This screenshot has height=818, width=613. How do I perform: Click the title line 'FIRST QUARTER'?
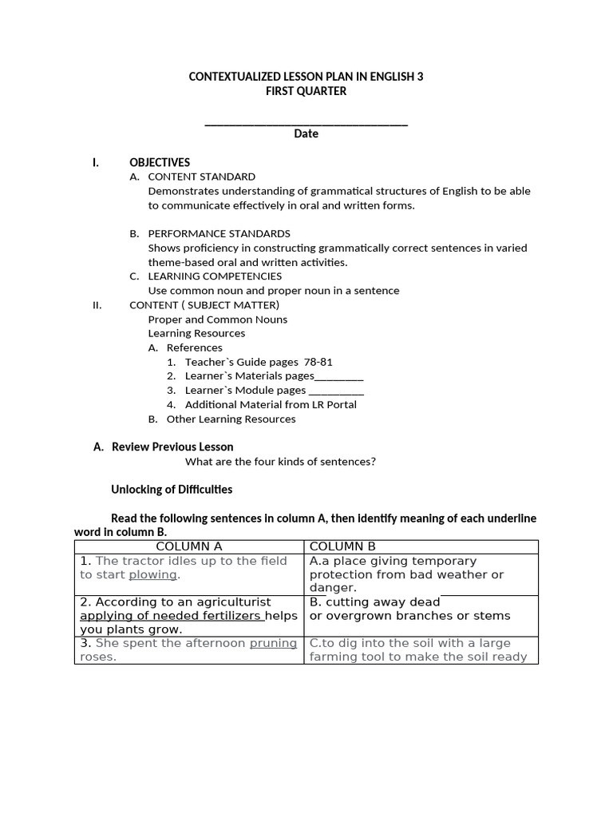click(306, 91)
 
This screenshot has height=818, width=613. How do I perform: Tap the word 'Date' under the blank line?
click(306, 133)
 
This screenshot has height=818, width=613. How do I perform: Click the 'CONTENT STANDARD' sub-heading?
click(202, 177)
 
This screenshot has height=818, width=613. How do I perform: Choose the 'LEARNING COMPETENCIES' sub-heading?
click(215, 276)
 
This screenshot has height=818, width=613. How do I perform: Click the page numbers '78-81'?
click(318, 362)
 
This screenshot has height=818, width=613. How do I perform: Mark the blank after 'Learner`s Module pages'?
click(335, 391)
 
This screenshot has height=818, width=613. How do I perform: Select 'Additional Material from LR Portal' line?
click(271, 404)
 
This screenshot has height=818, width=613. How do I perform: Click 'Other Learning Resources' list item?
click(231, 419)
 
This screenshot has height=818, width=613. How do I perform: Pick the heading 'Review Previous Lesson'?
click(172, 447)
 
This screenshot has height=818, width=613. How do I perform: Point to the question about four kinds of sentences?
click(280, 461)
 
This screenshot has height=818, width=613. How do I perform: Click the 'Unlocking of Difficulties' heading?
click(171, 489)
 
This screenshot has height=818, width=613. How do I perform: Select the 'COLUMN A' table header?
click(189, 546)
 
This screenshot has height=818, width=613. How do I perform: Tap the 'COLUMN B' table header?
click(342, 546)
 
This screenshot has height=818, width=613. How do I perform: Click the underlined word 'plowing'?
click(153, 574)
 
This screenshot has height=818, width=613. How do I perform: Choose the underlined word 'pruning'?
click(273, 643)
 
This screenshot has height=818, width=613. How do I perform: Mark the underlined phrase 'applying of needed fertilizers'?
click(171, 616)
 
